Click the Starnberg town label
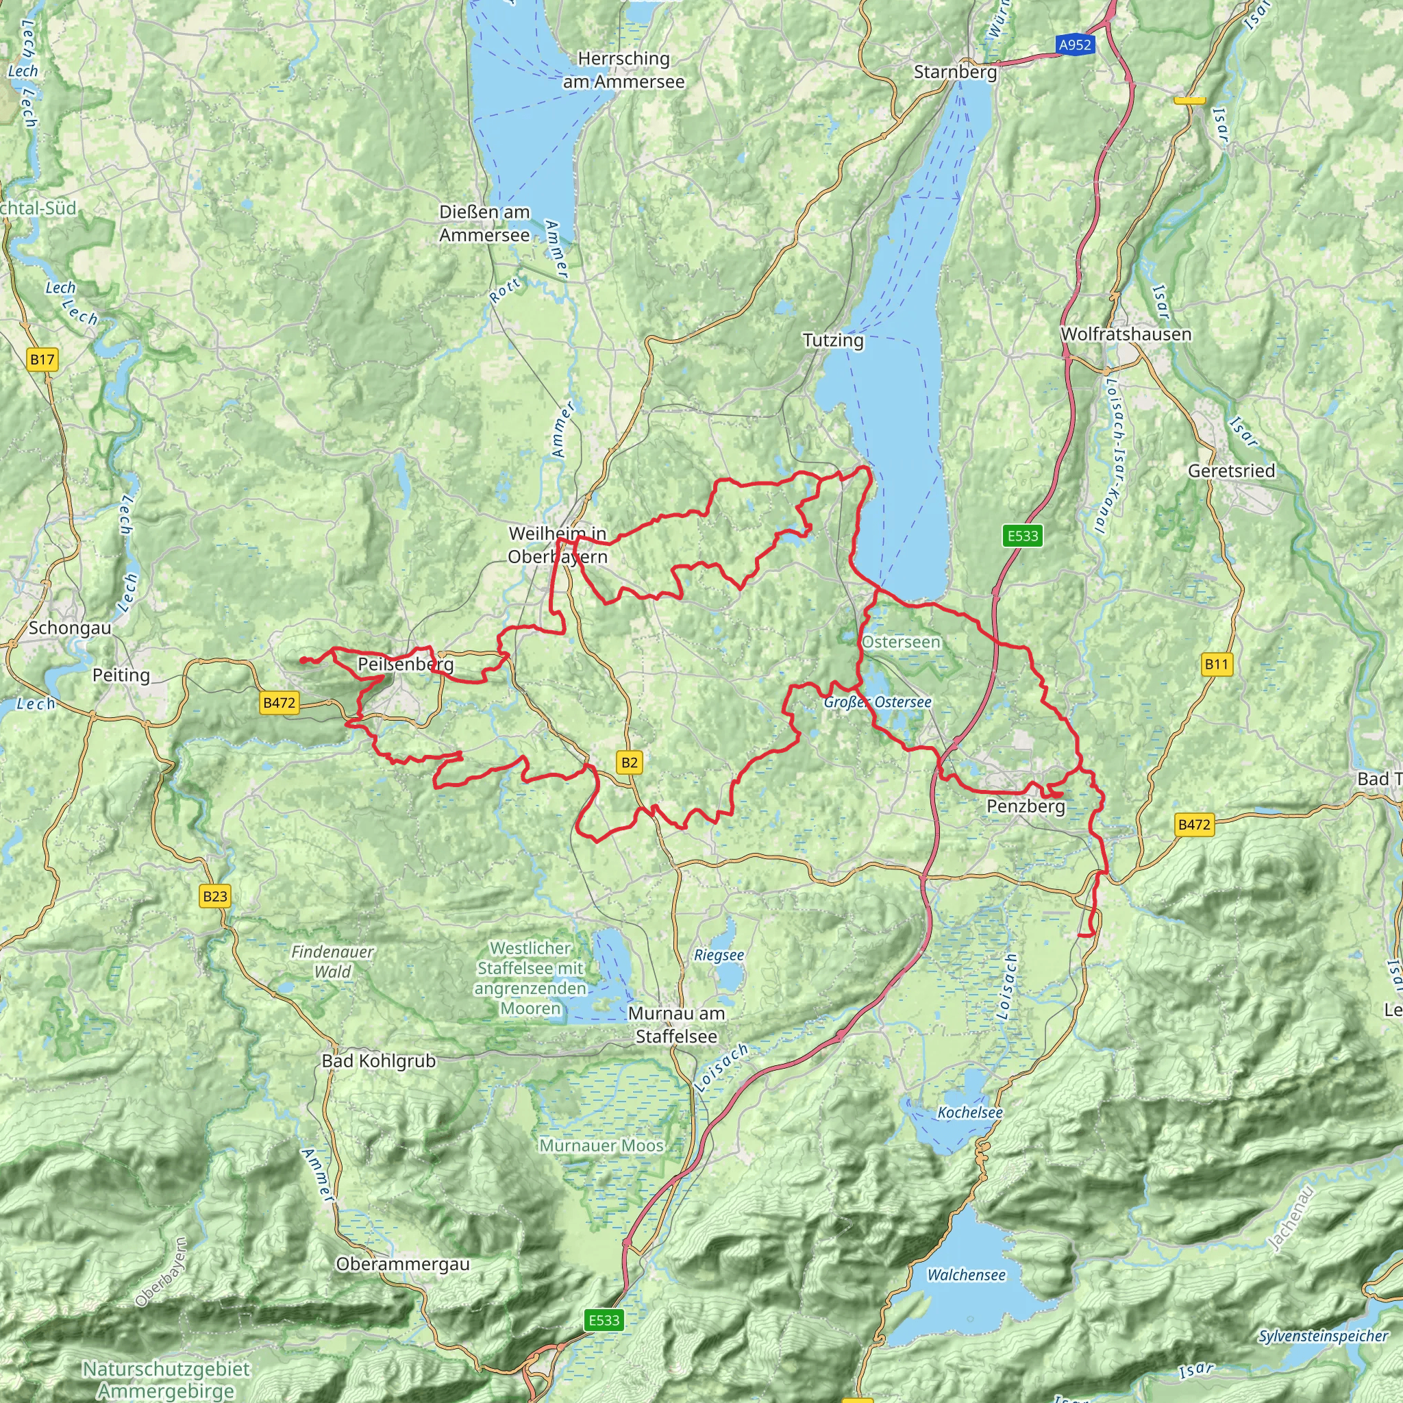tap(955, 72)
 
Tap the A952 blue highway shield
tap(1075, 45)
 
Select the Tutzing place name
tap(833, 340)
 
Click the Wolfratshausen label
tap(1126, 334)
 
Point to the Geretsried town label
tap(1231, 471)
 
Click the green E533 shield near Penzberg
tap(1023, 536)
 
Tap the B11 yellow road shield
tap(1216, 663)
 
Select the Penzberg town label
tap(1026, 806)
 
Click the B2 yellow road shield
tap(630, 762)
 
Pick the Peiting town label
tap(121, 675)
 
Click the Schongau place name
tap(70, 628)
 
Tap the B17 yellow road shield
tap(43, 359)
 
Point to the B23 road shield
tap(215, 896)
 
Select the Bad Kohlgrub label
tap(378, 1061)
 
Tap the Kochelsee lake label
tap(969, 1113)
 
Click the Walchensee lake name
tap(966, 1275)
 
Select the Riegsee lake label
tap(718, 955)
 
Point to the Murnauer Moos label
tap(601, 1146)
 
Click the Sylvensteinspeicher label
tap(1323, 1336)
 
